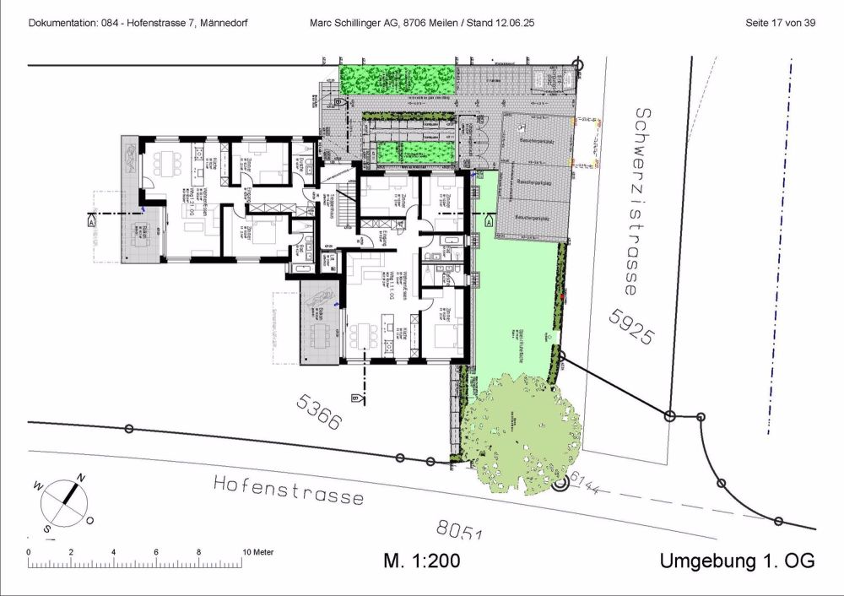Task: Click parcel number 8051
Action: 458,531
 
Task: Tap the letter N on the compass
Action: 81,478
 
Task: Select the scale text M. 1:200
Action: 421,561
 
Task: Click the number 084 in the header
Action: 114,23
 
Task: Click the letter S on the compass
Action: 47,528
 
